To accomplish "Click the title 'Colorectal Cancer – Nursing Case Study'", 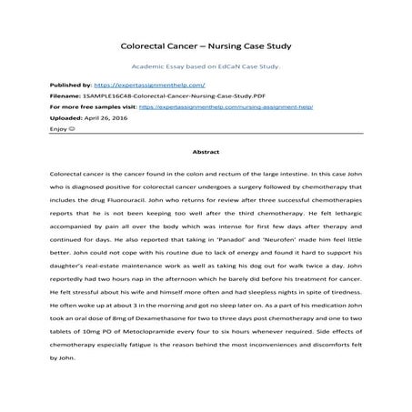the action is pyautogui.click(x=205, y=44).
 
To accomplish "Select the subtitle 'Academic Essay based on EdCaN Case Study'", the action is pyautogui.click(x=205, y=66).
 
